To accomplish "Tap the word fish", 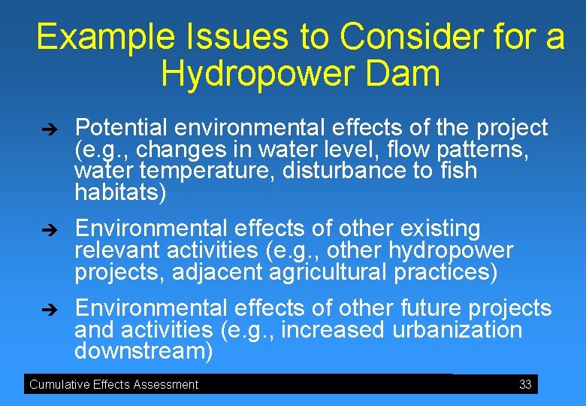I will (458, 171).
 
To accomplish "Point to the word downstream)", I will (143, 351).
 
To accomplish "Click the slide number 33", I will (525, 384).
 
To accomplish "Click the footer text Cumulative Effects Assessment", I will (113, 384).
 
